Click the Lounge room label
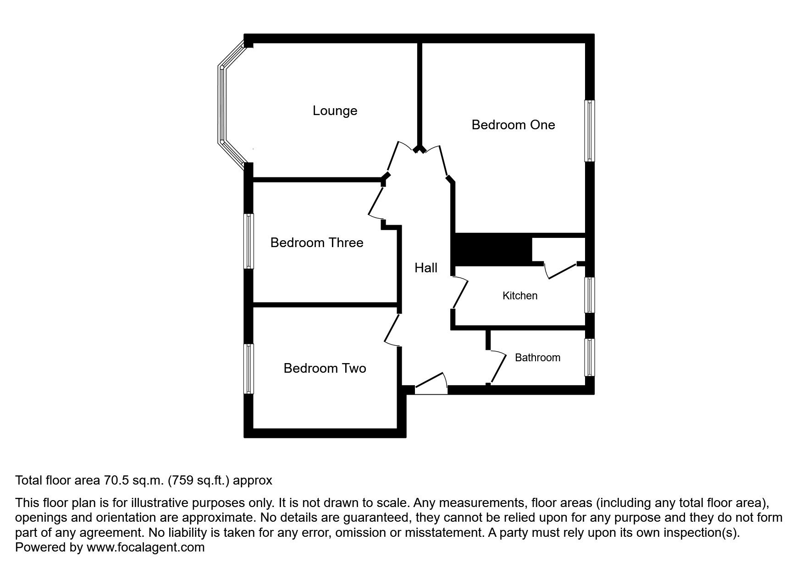click(335, 110)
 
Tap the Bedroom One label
click(513, 125)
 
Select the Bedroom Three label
click(316, 243)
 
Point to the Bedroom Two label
click(325, 368)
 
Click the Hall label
click(426, 268)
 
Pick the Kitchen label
click(520, 296)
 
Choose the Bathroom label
click(537, 358)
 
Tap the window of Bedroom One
click(590, 131)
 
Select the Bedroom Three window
click(249, 241)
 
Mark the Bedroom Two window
click(249, 369)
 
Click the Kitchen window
click(590, 295)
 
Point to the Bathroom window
click(590, 358)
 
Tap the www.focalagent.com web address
click(145, 547)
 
